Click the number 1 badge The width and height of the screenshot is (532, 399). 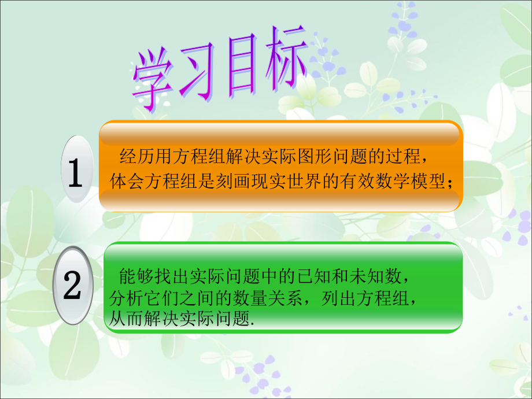pyautogui.click(x=76, y=169)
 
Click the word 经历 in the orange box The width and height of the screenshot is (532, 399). pyautogui.click(x=132, y=157)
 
